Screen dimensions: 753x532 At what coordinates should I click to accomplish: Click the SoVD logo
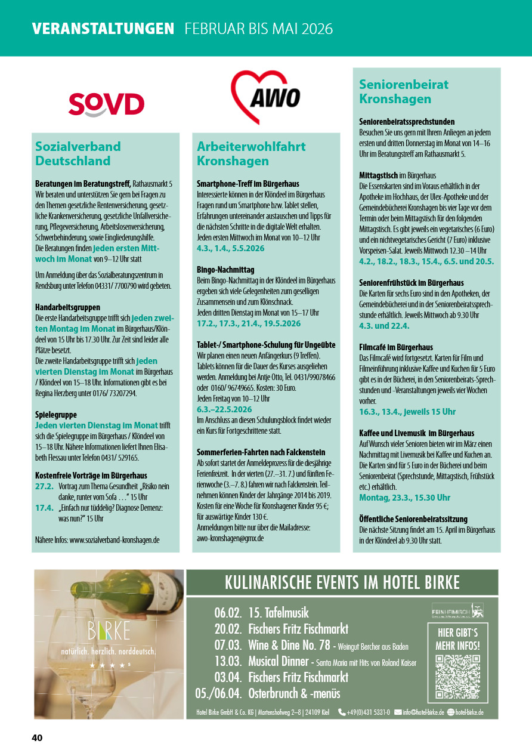[x=106, y=104]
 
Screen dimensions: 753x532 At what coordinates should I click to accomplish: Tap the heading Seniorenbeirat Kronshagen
[x=403, y=91]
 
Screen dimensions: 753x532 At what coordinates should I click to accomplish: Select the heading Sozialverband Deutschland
[x=78, y=153]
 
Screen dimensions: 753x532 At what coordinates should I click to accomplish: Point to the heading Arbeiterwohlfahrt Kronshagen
[x=251, y=153]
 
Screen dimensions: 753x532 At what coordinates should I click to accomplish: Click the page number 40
[x=37, y=738]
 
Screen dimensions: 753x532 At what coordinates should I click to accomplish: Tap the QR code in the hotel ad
[x=457, y=676]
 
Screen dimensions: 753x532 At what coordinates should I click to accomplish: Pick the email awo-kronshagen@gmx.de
[x=230, y=538]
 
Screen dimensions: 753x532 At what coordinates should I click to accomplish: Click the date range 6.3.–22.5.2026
[x=224, y=409]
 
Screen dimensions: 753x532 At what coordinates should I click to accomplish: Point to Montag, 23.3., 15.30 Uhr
[x=404, y=498]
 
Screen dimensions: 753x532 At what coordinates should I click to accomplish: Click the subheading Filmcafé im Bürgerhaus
[x=396, y=347]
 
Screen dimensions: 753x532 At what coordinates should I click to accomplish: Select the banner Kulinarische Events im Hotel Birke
[x=342, y=582]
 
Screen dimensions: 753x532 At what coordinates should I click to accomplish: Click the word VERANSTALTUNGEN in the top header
[x=103, y=29]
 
